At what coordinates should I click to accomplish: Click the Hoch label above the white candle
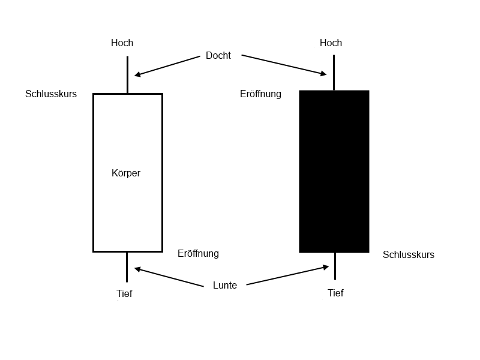click(122, 43)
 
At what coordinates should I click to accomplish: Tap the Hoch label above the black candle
click(331, 43)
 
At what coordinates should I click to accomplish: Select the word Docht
click(218, 55)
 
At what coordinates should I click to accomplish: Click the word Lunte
click(225, 286)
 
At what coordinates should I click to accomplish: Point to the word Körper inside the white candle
click(126, 173)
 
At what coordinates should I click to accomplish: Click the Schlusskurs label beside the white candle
click(51, 94)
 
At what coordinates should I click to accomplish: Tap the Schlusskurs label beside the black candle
click(409, 254)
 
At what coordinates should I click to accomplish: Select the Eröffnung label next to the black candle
click(260, 94)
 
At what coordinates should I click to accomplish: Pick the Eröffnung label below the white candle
click(199, 253)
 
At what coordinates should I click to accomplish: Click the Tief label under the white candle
click(124, 293)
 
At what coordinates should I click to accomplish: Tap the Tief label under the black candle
click(335, 293)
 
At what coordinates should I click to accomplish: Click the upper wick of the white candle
click(127, 74)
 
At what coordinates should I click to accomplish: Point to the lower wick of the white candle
click(127, 267)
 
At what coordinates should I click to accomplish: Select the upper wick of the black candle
click(334, 73)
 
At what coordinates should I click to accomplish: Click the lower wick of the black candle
click(335, 266)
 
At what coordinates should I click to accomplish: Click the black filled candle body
click(334, 172)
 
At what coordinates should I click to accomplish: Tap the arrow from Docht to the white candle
click(167, 66)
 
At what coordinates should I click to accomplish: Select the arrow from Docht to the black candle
click(284, 65)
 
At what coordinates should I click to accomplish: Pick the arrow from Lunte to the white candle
click(169, 277)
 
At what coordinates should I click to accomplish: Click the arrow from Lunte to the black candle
click(288, 275)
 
